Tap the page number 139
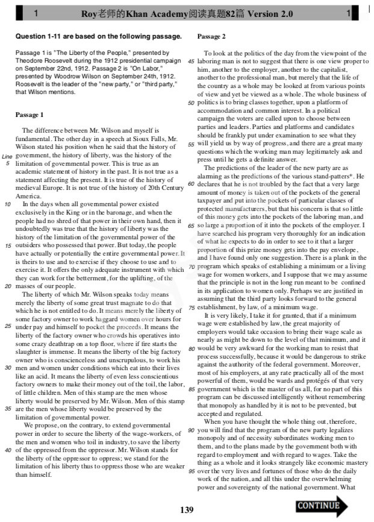point(187,510)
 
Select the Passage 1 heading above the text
point(30,115)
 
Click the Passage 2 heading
point(211,37)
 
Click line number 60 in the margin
point(191,183)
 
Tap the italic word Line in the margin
point(8,156)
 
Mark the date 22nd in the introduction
point(67,69)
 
